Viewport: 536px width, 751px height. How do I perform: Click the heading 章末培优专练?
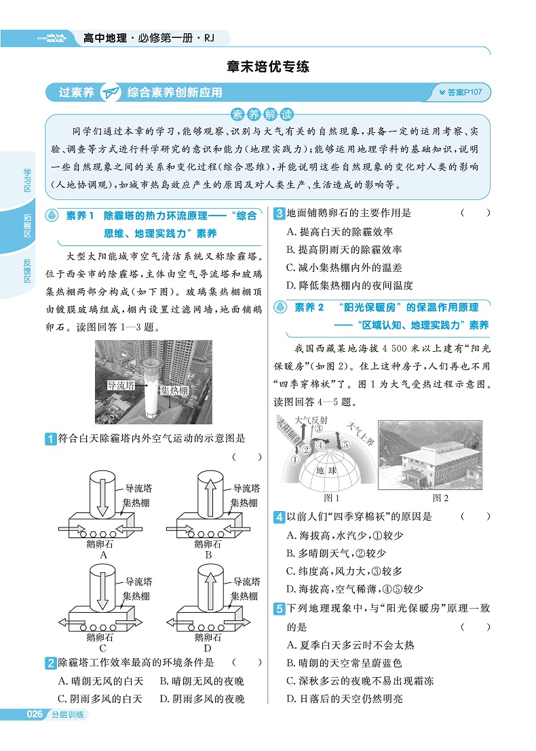pyautogui.click(x=268, y=67)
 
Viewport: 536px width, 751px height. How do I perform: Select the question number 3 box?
pyautogui.click(x=278, y=213)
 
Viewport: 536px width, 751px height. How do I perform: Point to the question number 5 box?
pyautogui.click(x=278, y=609)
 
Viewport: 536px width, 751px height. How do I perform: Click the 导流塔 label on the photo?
pyautogui.click(x=121, y=386)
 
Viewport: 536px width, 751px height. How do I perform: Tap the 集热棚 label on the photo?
pyautogui.click(x=174, y=390)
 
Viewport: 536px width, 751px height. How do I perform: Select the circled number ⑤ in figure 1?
pyautogui.click(x=345, y=445)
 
